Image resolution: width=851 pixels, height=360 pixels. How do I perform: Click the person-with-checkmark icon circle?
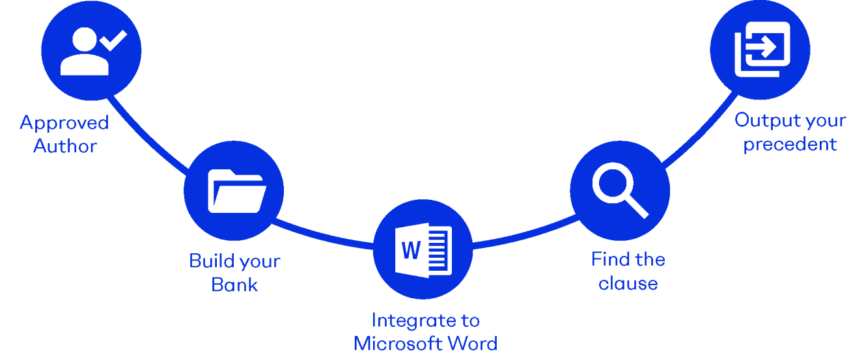tap(91, 51)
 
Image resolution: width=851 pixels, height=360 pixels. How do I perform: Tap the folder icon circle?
tap(234, 190)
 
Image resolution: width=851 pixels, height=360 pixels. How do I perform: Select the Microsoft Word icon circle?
tap(423, 250)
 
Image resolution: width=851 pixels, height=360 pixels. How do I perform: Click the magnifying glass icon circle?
tap(620, 190)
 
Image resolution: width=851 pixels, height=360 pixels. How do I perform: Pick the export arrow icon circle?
tap(760, 50)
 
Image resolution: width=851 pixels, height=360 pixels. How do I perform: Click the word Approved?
tap(64, 122)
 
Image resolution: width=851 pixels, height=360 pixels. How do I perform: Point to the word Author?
tap(64, 146)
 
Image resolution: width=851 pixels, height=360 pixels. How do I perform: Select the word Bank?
tap(234, 284)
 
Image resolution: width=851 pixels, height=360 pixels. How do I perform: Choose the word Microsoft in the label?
tap(398, 343)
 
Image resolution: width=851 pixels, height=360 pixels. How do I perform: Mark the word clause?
tap(628, 283)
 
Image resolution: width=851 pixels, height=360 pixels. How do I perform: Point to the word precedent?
tap(790, 144)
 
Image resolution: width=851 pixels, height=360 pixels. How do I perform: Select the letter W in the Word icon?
tap(411, 250)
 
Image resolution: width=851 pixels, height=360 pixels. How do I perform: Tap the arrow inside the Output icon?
tap(762, 46)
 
